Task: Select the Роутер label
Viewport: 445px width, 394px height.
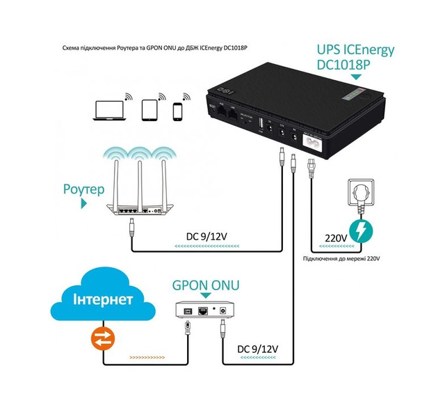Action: (83, 189)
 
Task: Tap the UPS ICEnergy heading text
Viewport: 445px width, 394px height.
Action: (355, 50)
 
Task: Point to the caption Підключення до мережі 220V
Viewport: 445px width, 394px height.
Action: (341, 258)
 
